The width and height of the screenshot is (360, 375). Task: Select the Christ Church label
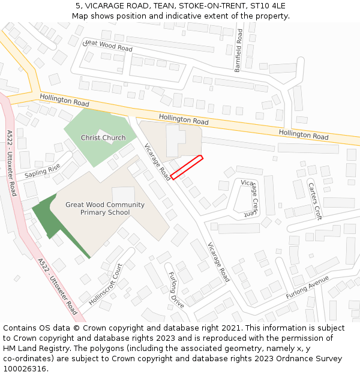click(103, 138)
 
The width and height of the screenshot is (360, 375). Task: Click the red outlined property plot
click(187, 167)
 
